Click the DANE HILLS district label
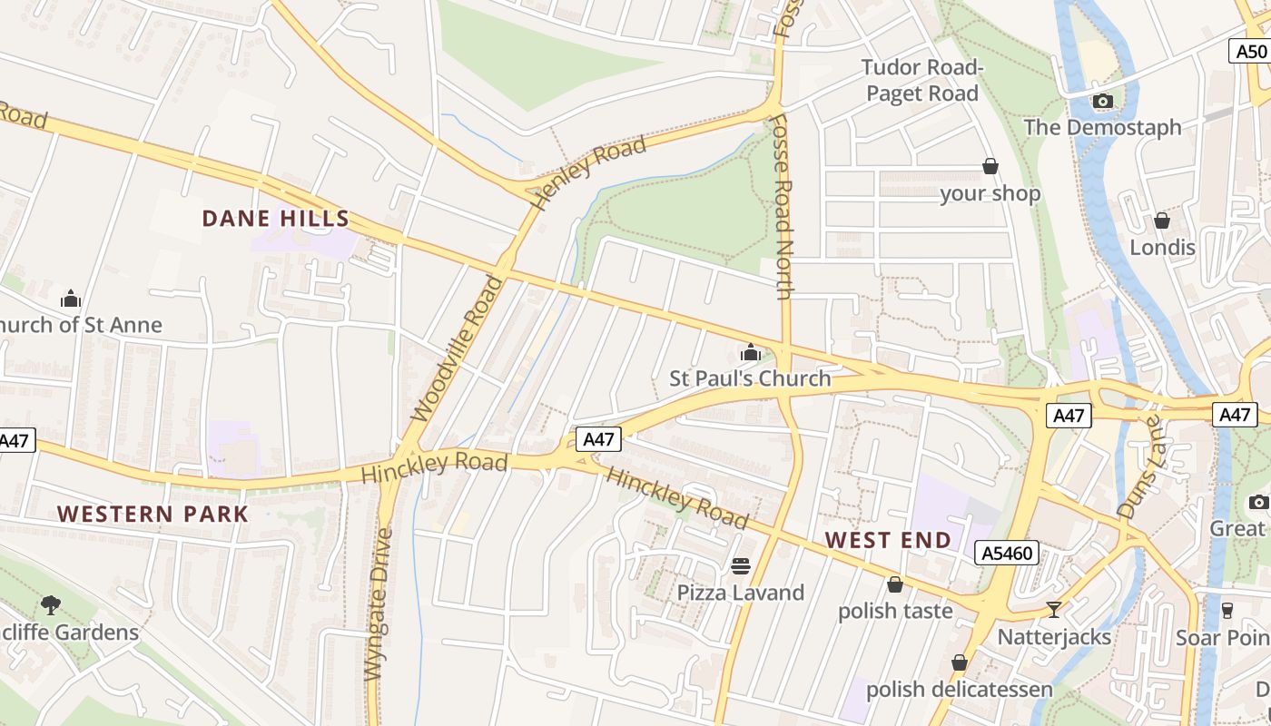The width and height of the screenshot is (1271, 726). [x=275, y=219]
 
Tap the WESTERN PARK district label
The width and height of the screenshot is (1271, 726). [x=153, y=514]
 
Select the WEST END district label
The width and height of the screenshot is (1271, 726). [x=888, y=540]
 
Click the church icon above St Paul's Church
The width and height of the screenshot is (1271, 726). [x=751, y=352]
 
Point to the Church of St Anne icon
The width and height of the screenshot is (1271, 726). [x=71, y=299]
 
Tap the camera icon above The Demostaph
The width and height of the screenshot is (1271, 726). [x=1102, y=101]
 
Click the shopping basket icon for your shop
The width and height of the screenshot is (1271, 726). [x=990, y=167]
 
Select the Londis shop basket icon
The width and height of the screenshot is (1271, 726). [x=1161, y=221]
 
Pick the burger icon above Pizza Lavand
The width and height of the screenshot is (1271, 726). [x=741, y=566]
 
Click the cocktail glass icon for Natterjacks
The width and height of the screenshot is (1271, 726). [x=1053, y=610]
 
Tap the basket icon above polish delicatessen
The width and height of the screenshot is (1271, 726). [x=959, y=663]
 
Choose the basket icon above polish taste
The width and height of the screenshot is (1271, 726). [x=894, y=584]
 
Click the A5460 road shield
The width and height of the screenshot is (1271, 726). [x=1007, y=553]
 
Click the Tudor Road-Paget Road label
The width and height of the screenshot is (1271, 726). [x=921, y=81]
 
